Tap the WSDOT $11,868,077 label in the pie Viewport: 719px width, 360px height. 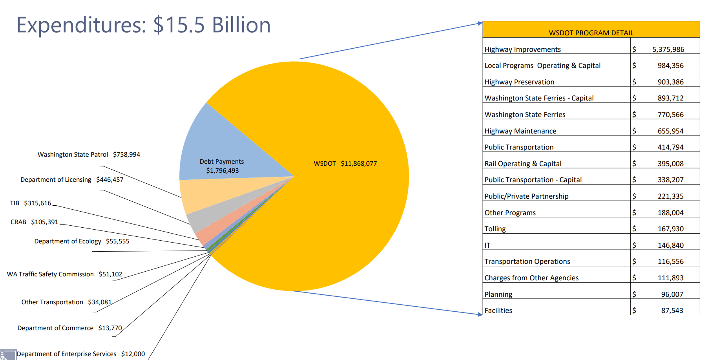click(x=345, y=163)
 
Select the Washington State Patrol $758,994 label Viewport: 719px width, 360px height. click(x=89, y=154)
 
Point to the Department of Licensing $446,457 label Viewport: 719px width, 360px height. click(x=72, y=179)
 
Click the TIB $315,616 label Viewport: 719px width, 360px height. click(x=31, y=203)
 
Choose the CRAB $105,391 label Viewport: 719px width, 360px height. click(x=34, y=222)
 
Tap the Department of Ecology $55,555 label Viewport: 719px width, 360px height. click(x=82, y=241)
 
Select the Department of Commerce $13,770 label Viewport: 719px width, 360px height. click(x=69, y=328)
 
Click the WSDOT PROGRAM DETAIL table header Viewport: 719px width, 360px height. click(x=591, y=33)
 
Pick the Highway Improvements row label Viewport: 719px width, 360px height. click(x=522, y=49)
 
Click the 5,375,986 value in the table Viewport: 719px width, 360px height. click(x=668, y=49)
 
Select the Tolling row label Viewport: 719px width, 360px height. click(x=495, y=229)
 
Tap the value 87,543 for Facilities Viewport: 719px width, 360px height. click(x=672, y=311)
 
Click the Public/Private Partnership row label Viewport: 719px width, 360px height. click(x=526, y=196)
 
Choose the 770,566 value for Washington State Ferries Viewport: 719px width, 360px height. click(x=670, y=115)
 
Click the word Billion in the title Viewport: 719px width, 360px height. click(x=241, y=25)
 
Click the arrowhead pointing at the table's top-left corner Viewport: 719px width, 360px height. click(x=480, y=24)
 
